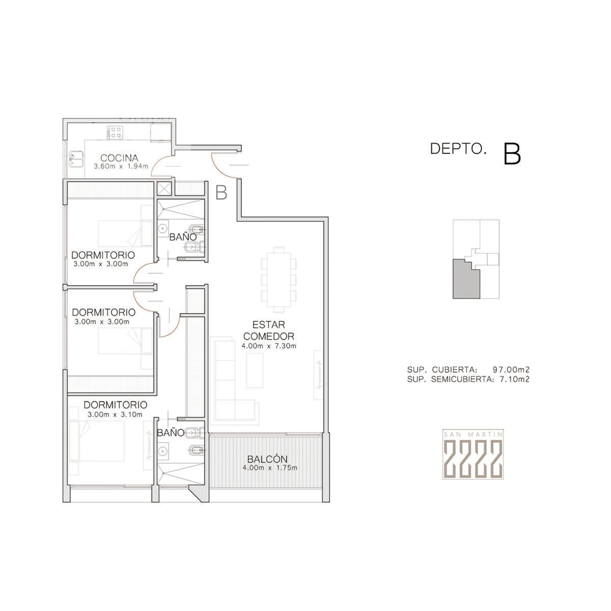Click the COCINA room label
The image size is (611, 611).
tap(119, 157)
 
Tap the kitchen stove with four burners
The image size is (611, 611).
tap(115, 132)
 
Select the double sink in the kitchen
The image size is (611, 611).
tap(76, 158)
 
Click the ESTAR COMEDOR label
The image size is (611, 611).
tap(268, 330)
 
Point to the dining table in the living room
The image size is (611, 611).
tap(279, 280)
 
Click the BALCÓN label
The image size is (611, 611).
tap(267, 459)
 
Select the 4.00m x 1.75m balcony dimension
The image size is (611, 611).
tap(269, 468)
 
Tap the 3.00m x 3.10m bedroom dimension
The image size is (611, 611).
tap(115, 414)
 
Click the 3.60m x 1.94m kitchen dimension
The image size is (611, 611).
tap(121, 166)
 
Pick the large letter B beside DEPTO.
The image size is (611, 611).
tap(512, 154)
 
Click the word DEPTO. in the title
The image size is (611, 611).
tap(458, 149)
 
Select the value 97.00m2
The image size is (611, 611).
tap(511, 369)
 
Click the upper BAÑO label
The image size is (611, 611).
tap(183, 237)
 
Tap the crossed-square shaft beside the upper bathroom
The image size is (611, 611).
tap(164, 189)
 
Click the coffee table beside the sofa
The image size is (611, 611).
tap(254, 370)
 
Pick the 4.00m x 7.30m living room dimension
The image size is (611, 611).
tap(268, 346)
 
